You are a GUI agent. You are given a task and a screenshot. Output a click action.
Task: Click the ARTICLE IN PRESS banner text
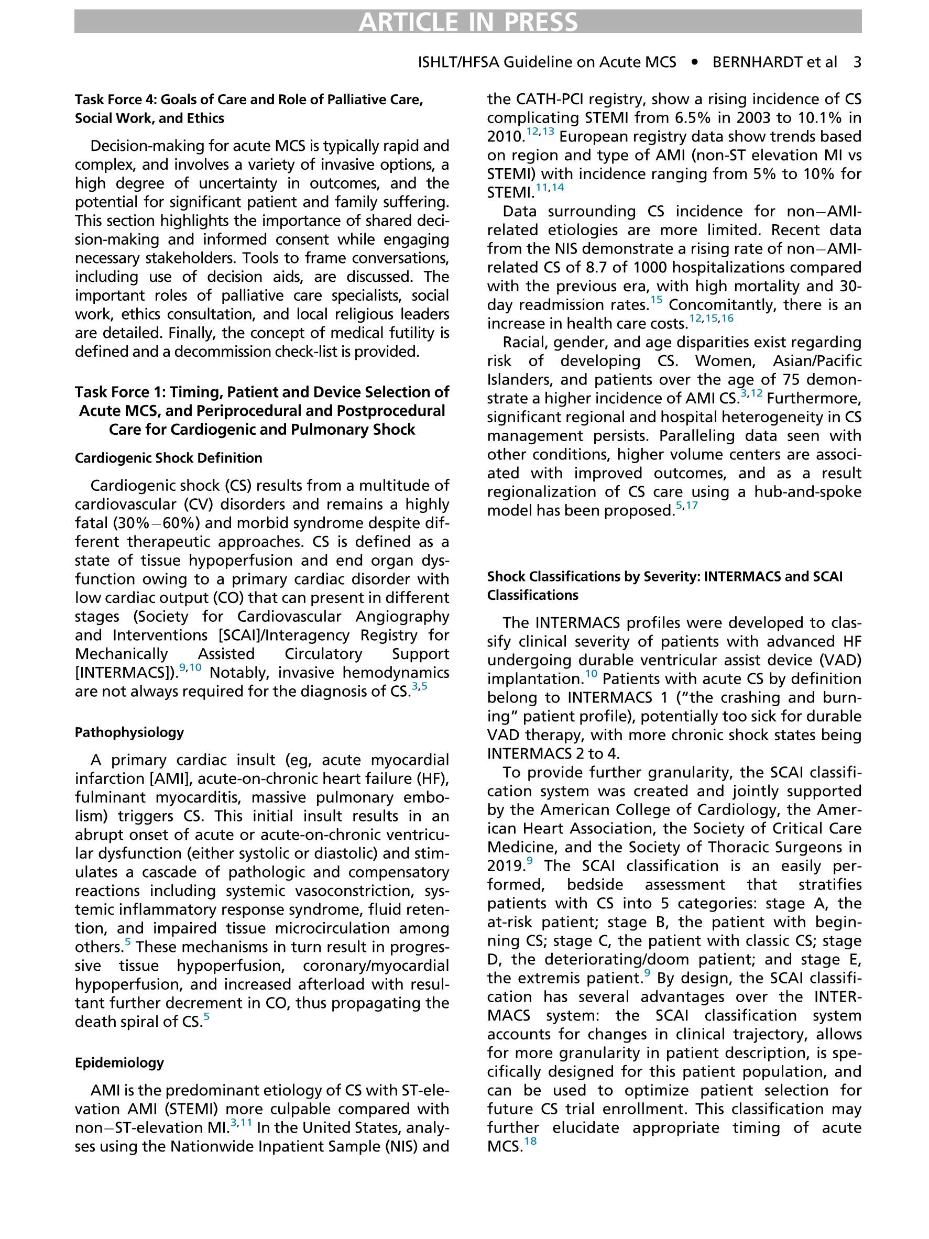coord(468,22)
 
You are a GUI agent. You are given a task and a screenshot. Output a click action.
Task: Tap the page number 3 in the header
coord(857,62)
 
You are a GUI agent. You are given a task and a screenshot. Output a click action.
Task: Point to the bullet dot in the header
coord(695,62)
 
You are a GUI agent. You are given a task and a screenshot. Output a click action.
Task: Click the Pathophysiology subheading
coord(129,732)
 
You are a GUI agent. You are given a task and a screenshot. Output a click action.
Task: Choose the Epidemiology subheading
coord(119,1062)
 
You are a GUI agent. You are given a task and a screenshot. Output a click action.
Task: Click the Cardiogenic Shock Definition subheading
coord(169,458)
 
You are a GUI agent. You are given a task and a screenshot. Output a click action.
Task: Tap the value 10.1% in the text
coord(813,118)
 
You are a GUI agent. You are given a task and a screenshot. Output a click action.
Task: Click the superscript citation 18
coord(530,1141)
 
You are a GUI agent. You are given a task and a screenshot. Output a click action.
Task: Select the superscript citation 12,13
coord(540,131)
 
